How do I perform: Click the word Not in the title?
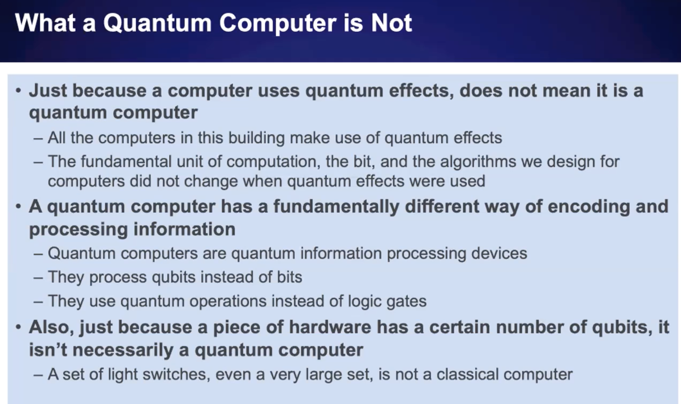coord(392,23)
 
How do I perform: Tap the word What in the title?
coord(45,23)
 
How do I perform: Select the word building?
coord(256,138)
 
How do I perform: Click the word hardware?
coord(330,327)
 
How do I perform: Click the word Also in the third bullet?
coord(51,327)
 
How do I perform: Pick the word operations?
coord(228,301)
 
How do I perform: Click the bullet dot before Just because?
coord(19,91)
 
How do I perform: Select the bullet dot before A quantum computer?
coord(19,207)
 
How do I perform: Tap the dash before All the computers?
coord(38,139)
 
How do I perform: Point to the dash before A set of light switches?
coord(38,375)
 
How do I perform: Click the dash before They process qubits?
coord(38,278)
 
